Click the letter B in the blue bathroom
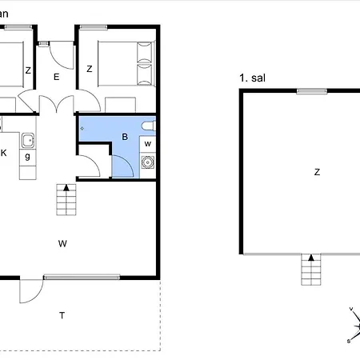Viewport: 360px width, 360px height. pyautogui.click(x=124, y=137)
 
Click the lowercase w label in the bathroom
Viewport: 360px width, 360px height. pyautogui.click(x=147, y=144)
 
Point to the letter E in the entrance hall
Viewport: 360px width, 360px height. pyautogui.click(x=57, y=77)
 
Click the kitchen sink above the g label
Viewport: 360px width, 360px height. pyautogui.click(x=27, y=140)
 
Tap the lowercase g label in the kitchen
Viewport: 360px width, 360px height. pyautogui.click(x=27, y=157)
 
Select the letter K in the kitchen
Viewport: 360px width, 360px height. pyautogui.click(x=4, y=152)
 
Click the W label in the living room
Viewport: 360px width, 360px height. pyautogui.click(x=62, y=242)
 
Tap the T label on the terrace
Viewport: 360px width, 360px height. pyautogui.click(x=62, y=315)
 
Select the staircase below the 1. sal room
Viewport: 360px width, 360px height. pyautogui.click(x=310, y=269)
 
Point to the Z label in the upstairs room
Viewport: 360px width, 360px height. pyautogui.click(x=317, y=171)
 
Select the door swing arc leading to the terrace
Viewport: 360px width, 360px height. pyautogui.click(x=30, y=293)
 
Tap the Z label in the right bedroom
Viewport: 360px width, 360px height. pyautogui.click(x=89, y=70)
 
